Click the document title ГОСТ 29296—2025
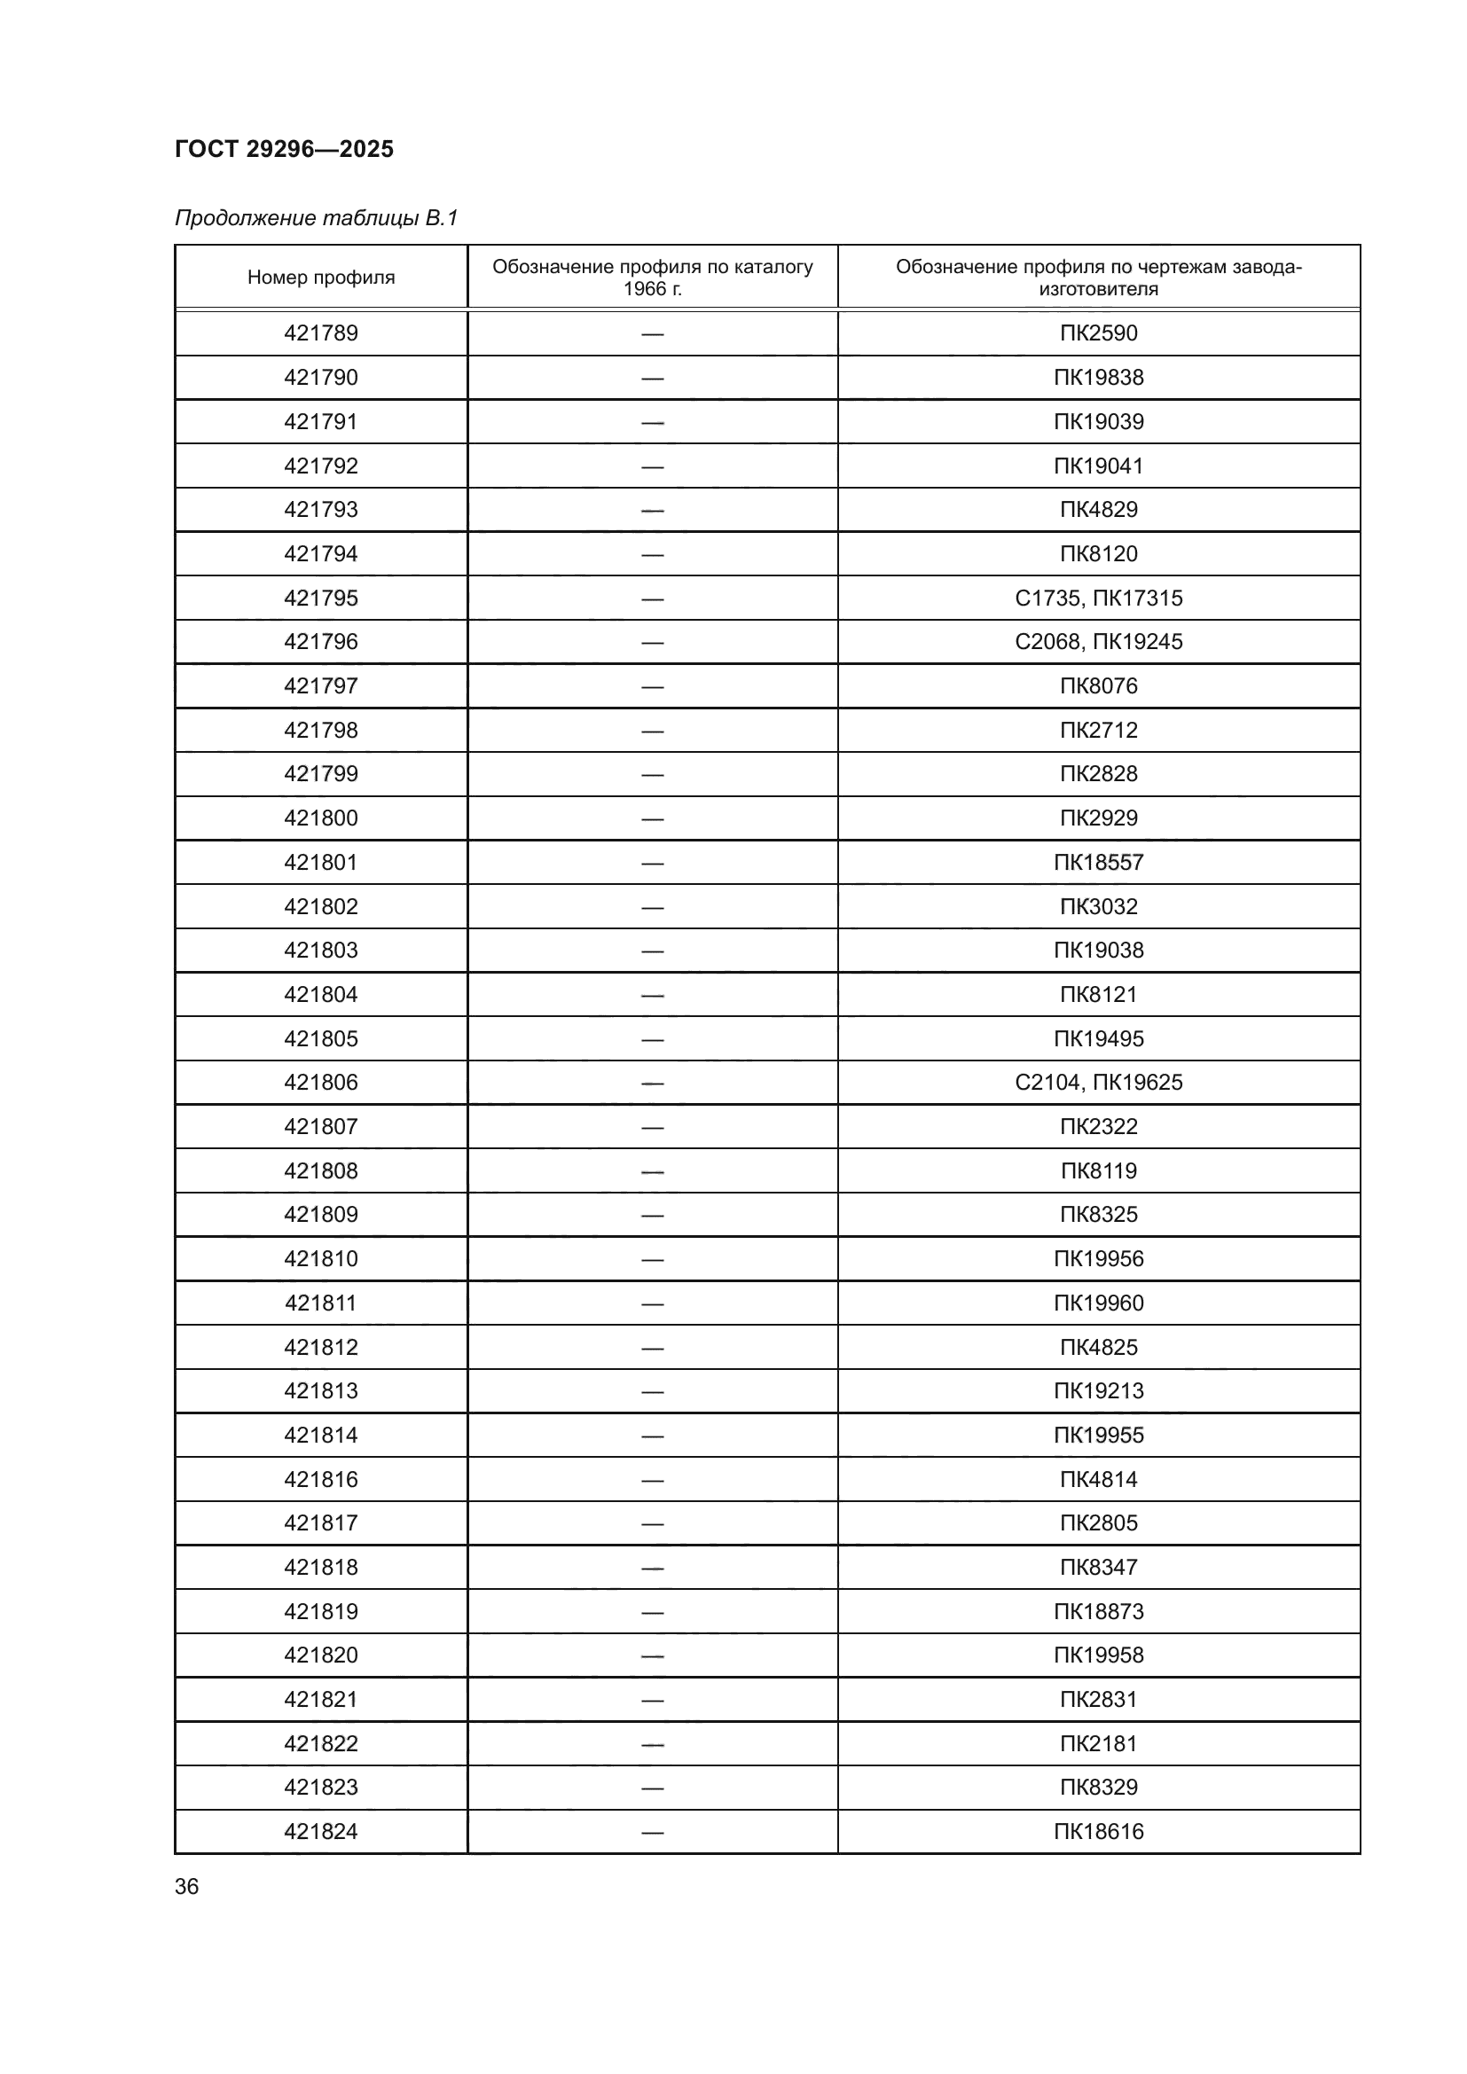click(x=284, y=149)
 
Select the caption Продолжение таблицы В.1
click(x=316, y=218)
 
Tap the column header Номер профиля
click(x=321, y=278)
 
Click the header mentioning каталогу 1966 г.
click(x=652, y=278)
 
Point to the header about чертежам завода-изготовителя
click(x=1098, y=278)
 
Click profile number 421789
click(x=321, y=333)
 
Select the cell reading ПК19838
click(x=1098, y=378)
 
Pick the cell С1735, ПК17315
click(x=1098, y=598)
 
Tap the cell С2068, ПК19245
click(x=1098, y=641)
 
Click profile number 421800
click(x=321, y=818)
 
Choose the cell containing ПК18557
click(x=1098, y=863)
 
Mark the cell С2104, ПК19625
click(x=1098, y=1082)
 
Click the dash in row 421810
click(x=652, y=1259)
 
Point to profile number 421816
click(x=321, y=1480)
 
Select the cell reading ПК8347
click(x=1098, y=1567)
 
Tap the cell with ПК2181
click(x=1098, y=1743)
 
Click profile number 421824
click(x=321, y=1831)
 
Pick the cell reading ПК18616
click(x=1098, y=1831)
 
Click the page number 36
click(x=187, y=1886)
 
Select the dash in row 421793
click(x=652, y=511)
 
